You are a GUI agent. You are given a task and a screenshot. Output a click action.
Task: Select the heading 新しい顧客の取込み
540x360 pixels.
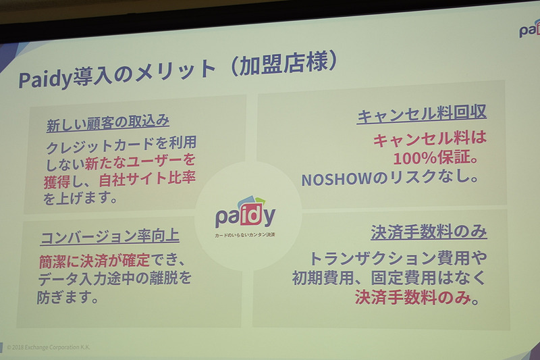point(107,124)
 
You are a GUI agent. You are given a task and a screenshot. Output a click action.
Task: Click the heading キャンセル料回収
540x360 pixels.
point(422,116)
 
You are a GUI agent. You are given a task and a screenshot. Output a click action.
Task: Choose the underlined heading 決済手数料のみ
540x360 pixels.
point(429,231)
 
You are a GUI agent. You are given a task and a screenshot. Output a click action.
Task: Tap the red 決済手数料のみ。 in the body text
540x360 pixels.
point(417,296)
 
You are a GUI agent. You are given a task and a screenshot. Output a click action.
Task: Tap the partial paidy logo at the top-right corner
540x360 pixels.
point(529,29)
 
